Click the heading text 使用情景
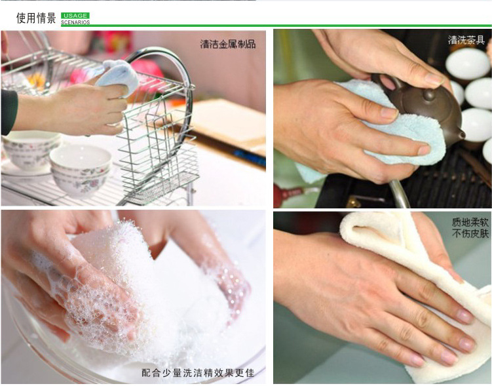click(36, 18)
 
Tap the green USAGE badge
click(75, 16)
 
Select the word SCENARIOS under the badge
click(75, 22)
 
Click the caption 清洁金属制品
click(228, 44)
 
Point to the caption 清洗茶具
click(466, 40)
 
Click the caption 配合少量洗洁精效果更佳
click(198, 373)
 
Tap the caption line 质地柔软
click(470, 223)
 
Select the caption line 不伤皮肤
click(470, 233)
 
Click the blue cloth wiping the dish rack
click(119, 76)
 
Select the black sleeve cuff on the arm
click(9, 112)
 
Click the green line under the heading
click(276, 26)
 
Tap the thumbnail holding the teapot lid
click(434, 79)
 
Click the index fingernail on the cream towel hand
click(464, 315)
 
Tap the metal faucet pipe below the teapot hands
click(399, 194)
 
